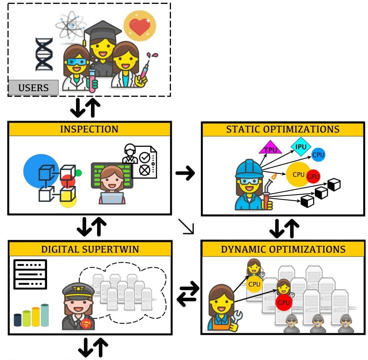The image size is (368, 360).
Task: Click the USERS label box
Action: (33, 88)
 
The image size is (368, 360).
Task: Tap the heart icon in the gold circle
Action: (140, 26)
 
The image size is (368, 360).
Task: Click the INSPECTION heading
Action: (89, 129)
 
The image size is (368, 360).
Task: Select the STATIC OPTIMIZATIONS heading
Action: (283, 129)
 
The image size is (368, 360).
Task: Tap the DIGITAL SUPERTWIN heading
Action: (90, 249)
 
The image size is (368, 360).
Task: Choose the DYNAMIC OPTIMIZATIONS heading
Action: (283, 249)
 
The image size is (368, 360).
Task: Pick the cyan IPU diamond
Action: (301, 146)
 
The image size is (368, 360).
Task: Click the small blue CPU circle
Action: (318, 155)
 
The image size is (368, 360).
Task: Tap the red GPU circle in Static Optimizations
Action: (313, 177)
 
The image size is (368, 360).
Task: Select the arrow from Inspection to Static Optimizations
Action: (185, 173)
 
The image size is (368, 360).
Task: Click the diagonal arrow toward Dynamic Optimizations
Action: (186, 226)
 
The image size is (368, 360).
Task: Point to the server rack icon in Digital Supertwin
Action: (30, 274)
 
